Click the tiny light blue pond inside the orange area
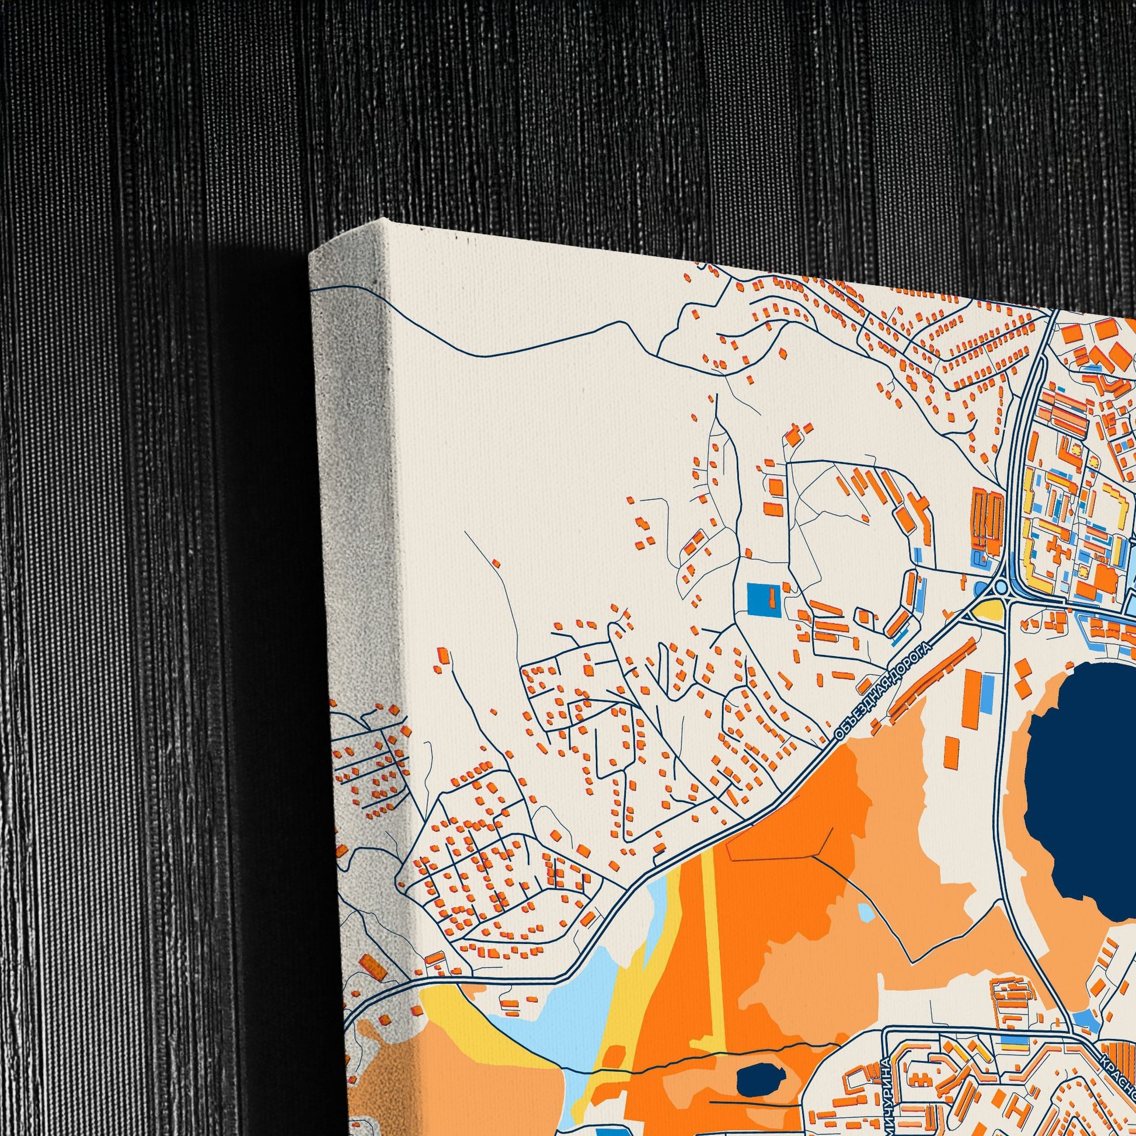(x=866, y=912)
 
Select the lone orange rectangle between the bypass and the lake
(x=951, y=751)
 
